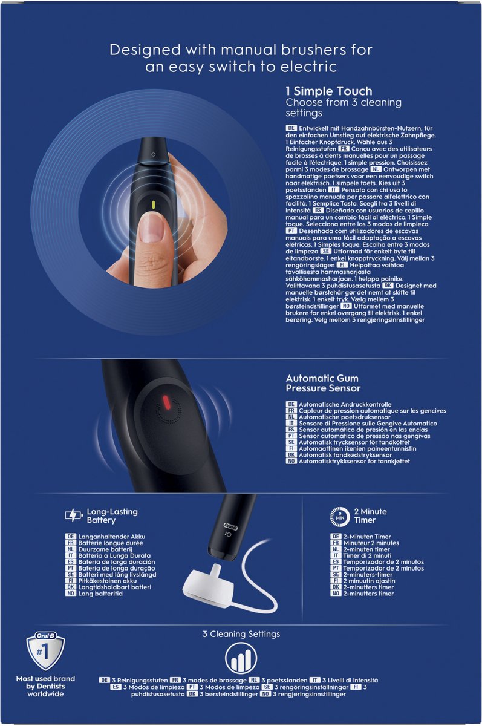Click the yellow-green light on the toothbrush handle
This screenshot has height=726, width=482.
point(154,205)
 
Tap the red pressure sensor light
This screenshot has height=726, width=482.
point(166,402)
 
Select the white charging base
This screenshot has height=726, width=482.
point(208,584)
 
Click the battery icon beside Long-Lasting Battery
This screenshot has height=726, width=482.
point(74,515)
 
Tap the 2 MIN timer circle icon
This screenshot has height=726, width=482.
point(340,516)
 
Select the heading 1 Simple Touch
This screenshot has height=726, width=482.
point(329,91)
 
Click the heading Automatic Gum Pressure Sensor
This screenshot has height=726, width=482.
point(323,383)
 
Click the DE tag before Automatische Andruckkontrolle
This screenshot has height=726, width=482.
point(291,404)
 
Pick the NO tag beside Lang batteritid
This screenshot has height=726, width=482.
point(70,594)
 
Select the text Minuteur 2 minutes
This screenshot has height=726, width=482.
point(371,543)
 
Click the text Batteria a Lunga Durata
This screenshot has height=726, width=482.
point(114,555)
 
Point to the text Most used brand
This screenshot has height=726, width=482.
point(45,679)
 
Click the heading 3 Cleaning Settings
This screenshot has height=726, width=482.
point(241,634)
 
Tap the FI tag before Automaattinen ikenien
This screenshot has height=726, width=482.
point(291,448)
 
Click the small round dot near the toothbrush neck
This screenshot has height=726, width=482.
point(153,155)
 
